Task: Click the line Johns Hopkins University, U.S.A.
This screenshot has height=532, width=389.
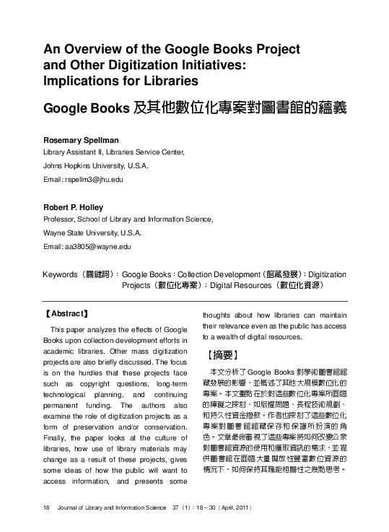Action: (x=93, y=165)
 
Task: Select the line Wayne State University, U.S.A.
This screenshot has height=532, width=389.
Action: (x=92, y=234)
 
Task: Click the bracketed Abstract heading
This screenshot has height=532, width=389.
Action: (x=66, y=314)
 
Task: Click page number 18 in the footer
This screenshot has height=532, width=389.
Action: (x=46, y=509)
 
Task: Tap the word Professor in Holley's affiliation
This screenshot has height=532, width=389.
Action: (x=60, y=221)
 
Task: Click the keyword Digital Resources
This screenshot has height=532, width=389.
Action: (x=240, y=285)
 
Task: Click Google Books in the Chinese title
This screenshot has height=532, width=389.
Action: (x=87, y=108)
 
